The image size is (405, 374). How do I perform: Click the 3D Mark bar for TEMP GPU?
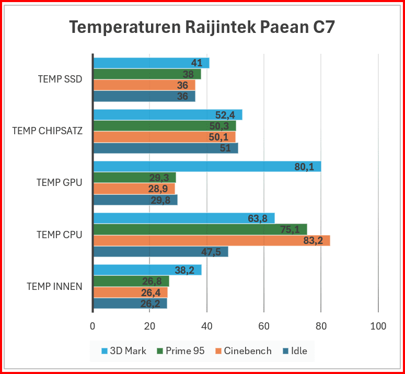coord(207,167)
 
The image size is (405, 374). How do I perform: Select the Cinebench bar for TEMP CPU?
coord(211,240)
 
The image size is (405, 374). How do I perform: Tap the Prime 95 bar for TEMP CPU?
coord(200,229)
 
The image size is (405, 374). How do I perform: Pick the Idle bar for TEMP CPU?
coord(160,252)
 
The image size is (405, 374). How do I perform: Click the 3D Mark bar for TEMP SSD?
coord(151,63)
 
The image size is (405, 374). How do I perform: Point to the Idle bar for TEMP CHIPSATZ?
coord(165,148)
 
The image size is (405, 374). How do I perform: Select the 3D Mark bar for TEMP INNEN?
coord(147,270)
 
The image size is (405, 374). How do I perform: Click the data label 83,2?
coord(313,241)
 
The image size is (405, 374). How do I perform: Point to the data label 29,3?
coord(159,178)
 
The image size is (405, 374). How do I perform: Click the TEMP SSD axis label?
coord(60,79)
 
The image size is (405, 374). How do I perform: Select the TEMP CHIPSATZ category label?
coord(47,131)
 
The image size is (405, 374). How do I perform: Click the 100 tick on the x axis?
coord(378,326)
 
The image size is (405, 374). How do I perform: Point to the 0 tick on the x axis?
coord(92,326)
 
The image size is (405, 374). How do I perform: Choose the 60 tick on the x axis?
coord(264,326)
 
